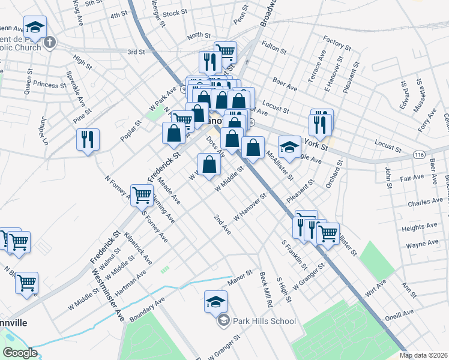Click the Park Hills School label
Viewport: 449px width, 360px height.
pos(265,321)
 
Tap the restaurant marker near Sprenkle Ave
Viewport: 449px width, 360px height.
pos(88,140)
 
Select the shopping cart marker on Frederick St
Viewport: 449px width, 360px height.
pos(142,196)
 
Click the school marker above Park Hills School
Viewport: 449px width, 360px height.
pos(215,302)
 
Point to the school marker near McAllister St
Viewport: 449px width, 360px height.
pos(289,148)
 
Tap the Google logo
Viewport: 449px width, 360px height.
pos(19,353)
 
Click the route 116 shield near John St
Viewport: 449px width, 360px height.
pos(419,154)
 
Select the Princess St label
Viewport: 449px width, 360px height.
pos(50,84)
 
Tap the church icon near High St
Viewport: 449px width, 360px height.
pos(50,43)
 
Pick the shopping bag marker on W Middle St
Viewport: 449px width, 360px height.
pos(209,165)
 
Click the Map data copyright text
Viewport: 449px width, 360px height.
pos(423,355)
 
